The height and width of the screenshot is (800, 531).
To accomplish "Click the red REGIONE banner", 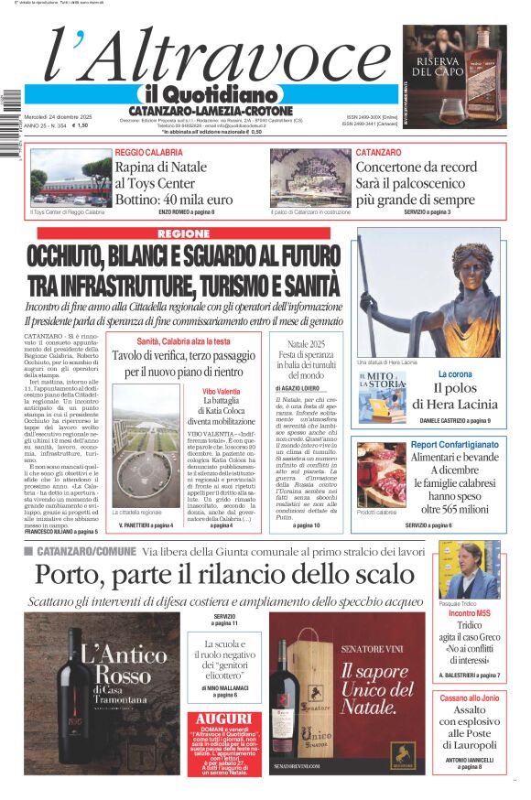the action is [x=183, y=233].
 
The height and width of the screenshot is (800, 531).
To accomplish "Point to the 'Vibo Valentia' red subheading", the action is [x=222, y=391].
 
